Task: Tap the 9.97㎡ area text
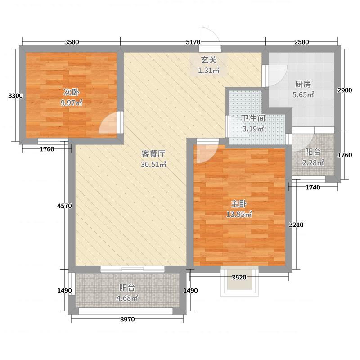pyautogui.click(x=72, y=103)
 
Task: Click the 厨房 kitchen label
pyautogui.click(x=303, y=84)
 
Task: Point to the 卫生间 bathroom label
pyautogui.click(x=253, y=119)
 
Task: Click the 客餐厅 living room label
pyautogui.click(x=153, y=153)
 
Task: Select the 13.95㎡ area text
pyautogui.click(x=238, y=215)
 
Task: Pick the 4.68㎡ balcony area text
pyautogui.click(x=128, y=297)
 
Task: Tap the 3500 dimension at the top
pyautogui.click(x=72, y=42)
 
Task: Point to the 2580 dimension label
pyautogui.click(x=301, y=42)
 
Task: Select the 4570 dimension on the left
pyautogui.click(x=64, y=206)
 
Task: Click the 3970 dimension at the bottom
pyautogui.click(x=128, y=319)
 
